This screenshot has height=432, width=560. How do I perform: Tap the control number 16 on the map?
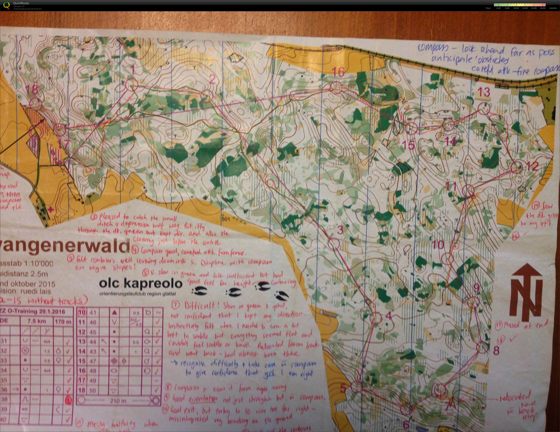pos(338,72)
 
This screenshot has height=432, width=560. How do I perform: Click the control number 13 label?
pos(484,92)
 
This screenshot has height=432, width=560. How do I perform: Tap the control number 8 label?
pos(496,351)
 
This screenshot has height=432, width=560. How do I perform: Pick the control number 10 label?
pos(438,245)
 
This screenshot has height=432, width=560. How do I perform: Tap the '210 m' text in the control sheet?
pos(118,400)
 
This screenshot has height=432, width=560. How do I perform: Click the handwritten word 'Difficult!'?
pos(198,306)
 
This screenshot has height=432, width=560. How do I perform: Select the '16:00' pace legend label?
pos(543,8)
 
